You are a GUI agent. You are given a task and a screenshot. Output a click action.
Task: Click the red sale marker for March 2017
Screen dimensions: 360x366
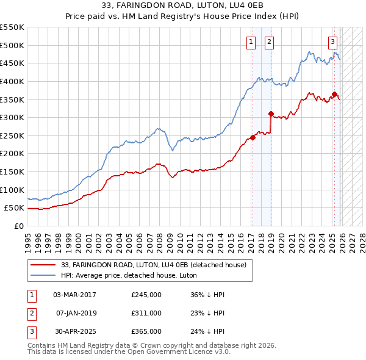pos(253,137)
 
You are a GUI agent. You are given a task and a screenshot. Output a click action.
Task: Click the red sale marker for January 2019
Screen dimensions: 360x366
pos(271,113)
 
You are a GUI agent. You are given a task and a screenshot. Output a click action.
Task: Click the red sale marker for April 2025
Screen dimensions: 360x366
pos(334,94)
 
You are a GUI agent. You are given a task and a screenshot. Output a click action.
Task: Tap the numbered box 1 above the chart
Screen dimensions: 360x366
pos(251,42)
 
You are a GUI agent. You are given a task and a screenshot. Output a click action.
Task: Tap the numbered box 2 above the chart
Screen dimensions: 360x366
pos(269,42)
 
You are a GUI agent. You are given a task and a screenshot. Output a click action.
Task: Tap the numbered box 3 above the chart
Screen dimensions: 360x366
pos(332,42)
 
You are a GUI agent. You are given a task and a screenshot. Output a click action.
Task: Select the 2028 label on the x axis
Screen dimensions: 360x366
pos(362,239)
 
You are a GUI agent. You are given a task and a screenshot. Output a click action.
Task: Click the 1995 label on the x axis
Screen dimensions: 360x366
pos(28,239)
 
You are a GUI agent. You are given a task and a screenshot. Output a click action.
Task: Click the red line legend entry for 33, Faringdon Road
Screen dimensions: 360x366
pos(153,265)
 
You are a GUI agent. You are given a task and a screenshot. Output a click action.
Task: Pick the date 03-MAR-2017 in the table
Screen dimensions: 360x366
pos(74,295)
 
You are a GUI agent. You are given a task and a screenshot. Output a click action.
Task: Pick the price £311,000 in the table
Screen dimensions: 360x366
pos(146,313)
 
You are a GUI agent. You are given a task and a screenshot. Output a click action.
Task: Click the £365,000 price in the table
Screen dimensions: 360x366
pos(146,331)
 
